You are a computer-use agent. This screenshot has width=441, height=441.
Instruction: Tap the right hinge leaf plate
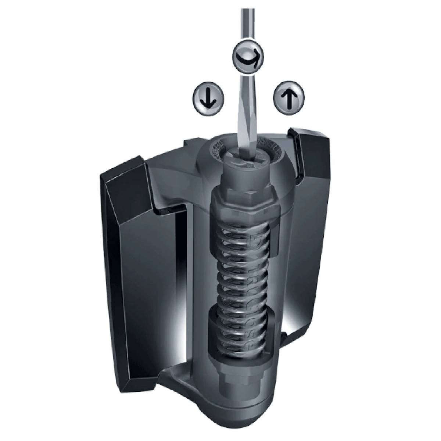coord(312,239)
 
